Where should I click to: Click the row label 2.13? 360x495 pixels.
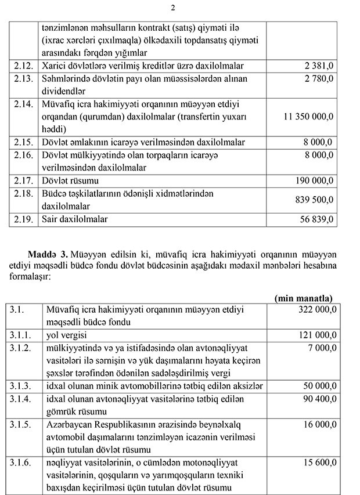[21, 79]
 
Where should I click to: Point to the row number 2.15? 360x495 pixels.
[21, 142]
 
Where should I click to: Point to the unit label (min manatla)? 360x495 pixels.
[304, 298]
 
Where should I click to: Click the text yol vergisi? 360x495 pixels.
[64, 335]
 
